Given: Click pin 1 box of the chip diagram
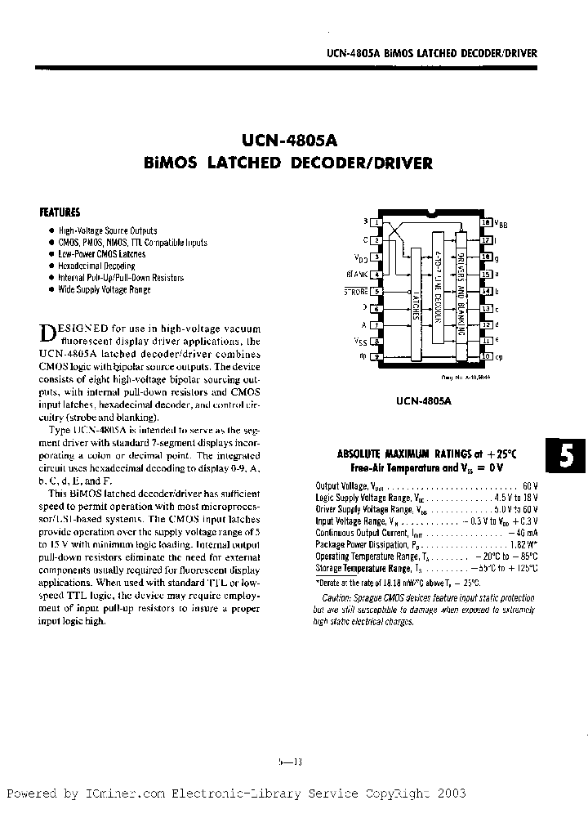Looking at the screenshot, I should pos(376,221).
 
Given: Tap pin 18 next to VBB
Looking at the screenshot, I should pos(488,221).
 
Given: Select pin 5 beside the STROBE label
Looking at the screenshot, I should pos(376,291).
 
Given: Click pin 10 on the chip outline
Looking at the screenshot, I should pos(488,355).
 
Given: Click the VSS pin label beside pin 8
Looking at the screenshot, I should pos(360,342).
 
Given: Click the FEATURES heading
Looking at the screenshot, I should pos(60,212).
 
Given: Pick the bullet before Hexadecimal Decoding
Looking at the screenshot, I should pos(51,266).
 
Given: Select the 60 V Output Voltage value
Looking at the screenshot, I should pos(528,486).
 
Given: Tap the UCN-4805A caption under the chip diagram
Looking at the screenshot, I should pos(424,401).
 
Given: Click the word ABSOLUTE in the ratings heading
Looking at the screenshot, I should pos(362,454).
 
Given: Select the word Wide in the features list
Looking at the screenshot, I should pos(67,289).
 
